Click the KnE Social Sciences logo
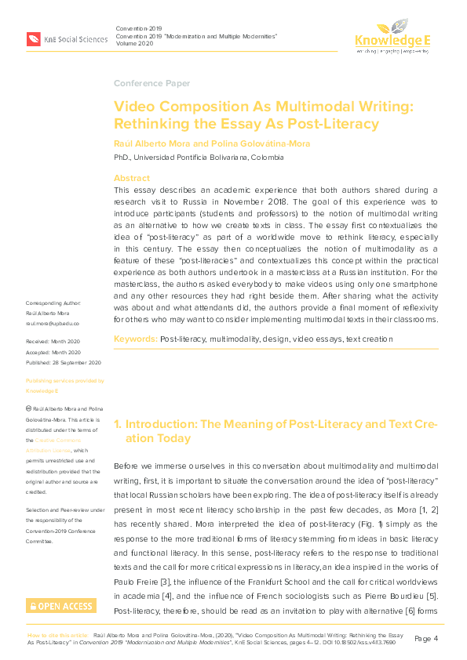66,38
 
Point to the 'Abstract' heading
131,178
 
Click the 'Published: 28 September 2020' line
64,363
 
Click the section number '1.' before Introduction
118,423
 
